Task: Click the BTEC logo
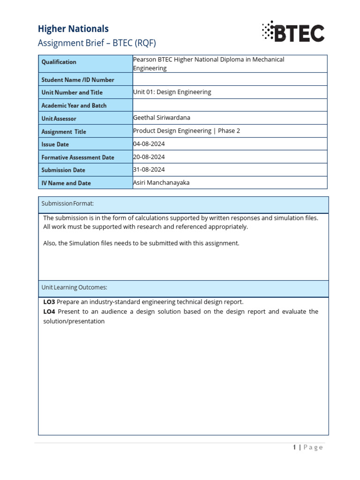(293, 32)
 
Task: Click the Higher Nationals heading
(73, 29)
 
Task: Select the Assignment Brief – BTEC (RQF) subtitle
(97, 43)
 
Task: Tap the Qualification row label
(59, 62)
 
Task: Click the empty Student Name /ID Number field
(230, 79)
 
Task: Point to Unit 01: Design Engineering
(172, 92)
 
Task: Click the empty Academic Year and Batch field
(230, 105)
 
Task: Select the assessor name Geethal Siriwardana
(162, 118)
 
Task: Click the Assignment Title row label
(64, 132)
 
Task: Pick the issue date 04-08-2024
(149, 144)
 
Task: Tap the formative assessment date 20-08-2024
(149, 157)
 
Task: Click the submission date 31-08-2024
(149, 170)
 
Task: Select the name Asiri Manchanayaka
(161, 183)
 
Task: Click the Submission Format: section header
(67, 203)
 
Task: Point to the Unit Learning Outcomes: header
(75, 287)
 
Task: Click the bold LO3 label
(49, 302)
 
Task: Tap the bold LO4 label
(49, 312)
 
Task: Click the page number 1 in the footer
(294, 447)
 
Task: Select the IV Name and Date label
(66, 183)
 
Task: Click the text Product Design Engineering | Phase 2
(187, 131)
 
